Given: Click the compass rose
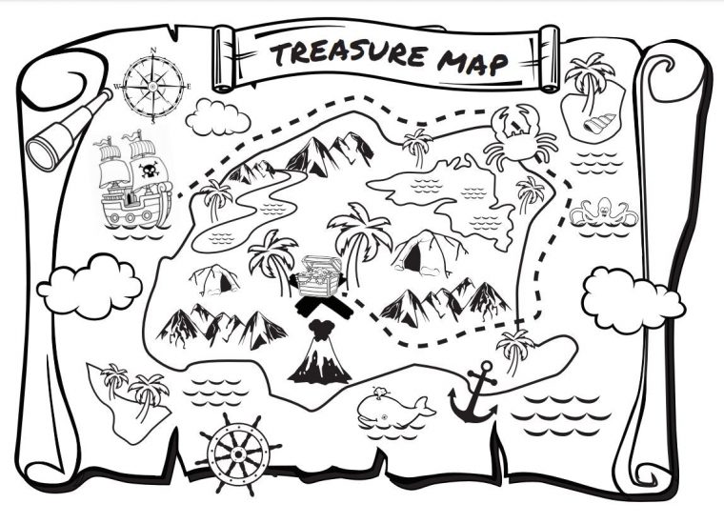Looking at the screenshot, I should [x=151, y=86].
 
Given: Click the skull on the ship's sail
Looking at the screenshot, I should [x=149, y=172].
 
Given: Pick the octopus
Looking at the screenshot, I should [x=603, y=212].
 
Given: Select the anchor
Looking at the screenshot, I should [x=473, y=393].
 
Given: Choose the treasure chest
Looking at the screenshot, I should [x=315, y=277].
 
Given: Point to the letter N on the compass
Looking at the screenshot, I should [x=152, y=49].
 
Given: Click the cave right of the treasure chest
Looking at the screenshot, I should [x=424, y=253].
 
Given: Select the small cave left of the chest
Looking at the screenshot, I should [x=215, y=279].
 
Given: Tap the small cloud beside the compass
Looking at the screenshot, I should [x=218, y=117].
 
